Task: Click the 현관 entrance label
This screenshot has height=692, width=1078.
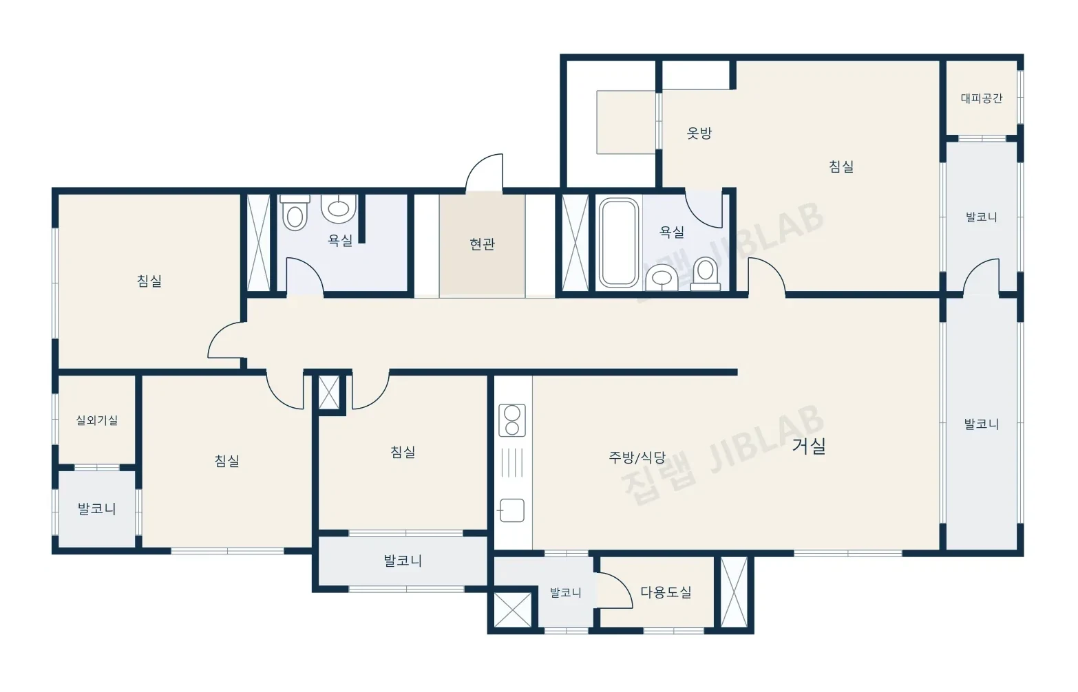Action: pos(483,244)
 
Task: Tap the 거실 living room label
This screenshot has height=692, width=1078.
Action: pos(809,446)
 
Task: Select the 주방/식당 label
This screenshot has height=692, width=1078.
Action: pos(637,457)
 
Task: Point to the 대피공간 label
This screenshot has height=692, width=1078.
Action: pos(981,98)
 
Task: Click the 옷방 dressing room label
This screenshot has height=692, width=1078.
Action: pos(699,133)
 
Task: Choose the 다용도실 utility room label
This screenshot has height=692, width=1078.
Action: pos(666,592)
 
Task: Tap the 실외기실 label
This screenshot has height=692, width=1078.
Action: pos(97,420)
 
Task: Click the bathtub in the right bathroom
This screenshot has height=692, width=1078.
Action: pos(618,243)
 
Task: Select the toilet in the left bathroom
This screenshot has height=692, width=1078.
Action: pos(295,213)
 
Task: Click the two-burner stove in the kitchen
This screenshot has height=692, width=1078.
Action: pos(512,421)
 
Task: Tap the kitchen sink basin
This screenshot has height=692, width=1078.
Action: pos(512,510)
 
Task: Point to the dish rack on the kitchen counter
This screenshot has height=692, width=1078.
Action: pos(511,463)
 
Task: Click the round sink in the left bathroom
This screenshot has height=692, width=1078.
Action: pos(339,208)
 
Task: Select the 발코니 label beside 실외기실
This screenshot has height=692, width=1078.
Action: pos(97,508)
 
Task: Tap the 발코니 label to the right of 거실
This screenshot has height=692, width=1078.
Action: pos(981,424)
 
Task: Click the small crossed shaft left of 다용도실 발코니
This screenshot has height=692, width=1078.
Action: pos(513,609)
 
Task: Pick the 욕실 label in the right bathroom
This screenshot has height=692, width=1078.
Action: pos(672,233)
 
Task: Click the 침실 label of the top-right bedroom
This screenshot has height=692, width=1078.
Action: pos(841,166)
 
